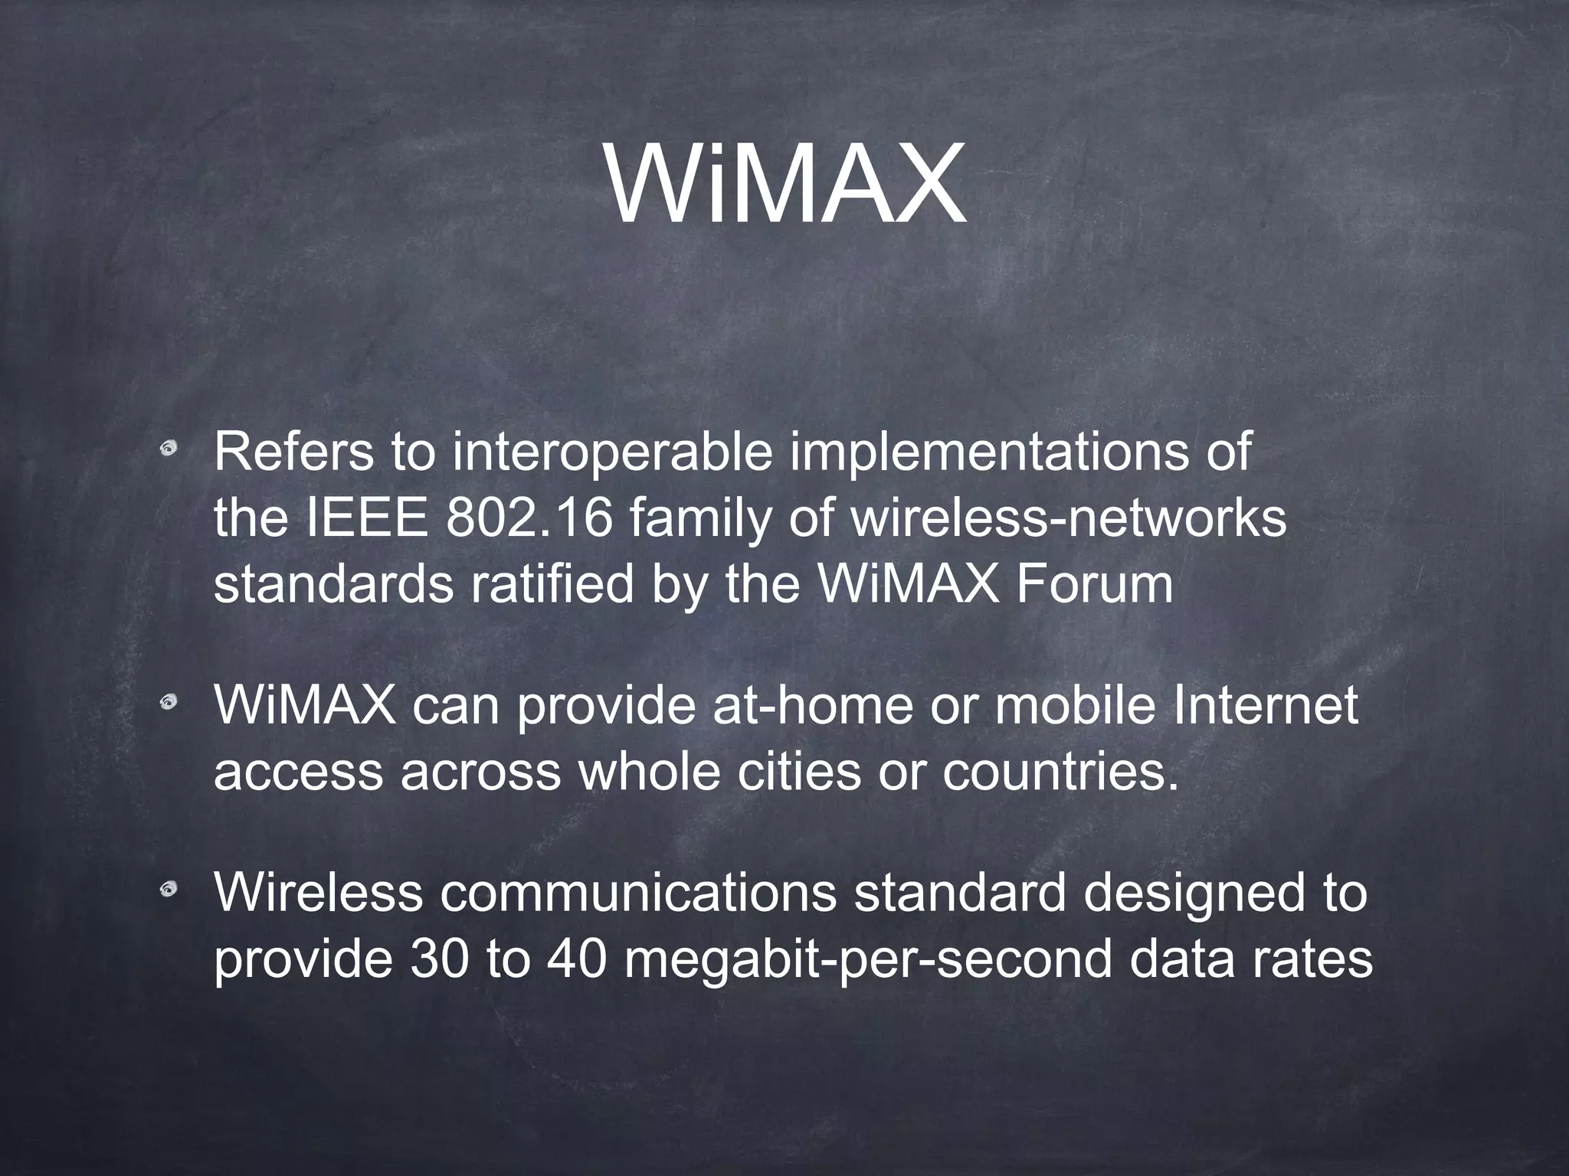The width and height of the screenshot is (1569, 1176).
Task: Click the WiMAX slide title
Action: (x=786, y=184)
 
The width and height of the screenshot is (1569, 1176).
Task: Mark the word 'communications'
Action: (x=638, y=893)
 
